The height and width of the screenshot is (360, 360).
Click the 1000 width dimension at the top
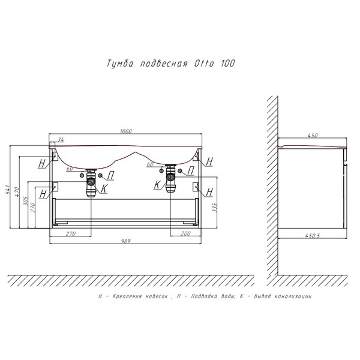click(126, 131)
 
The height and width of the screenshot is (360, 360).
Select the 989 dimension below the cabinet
click(126, 241)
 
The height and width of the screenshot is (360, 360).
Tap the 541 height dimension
click(7, 189)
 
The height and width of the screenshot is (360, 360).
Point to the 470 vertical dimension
click(17, 192)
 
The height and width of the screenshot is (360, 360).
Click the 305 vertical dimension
click(25, 201)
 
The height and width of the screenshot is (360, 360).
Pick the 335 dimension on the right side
click(214, 208)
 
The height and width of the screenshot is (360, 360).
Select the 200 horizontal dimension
click(185, 233)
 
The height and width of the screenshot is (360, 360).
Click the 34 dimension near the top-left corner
click(61, 139)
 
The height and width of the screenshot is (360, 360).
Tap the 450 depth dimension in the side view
click(313, 136)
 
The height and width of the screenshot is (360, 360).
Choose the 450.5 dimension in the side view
click(313, 236)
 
